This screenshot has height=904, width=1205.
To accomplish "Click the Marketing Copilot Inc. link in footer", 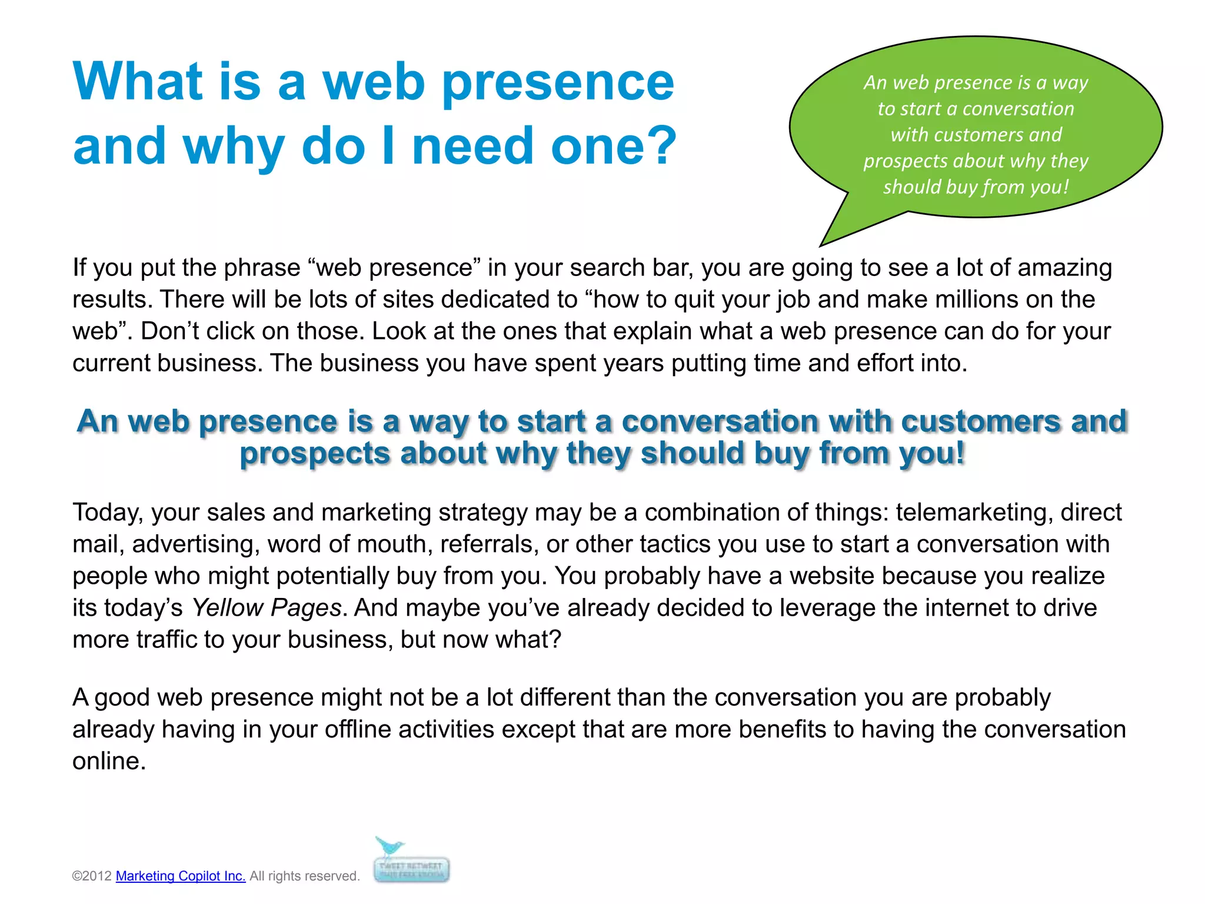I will (x=181, y=876).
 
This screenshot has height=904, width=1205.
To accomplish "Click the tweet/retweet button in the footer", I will (x=412, y=870).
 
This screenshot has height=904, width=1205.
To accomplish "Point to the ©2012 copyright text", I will (x=92, y=876).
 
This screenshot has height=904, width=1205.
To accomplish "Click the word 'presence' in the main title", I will (x=557, y=82).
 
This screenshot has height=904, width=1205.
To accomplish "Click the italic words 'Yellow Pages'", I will (x=267, y=607).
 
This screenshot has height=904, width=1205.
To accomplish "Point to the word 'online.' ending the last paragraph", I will (x=109, y=761).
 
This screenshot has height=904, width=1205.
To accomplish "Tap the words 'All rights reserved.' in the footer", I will (x=304, y=876).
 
